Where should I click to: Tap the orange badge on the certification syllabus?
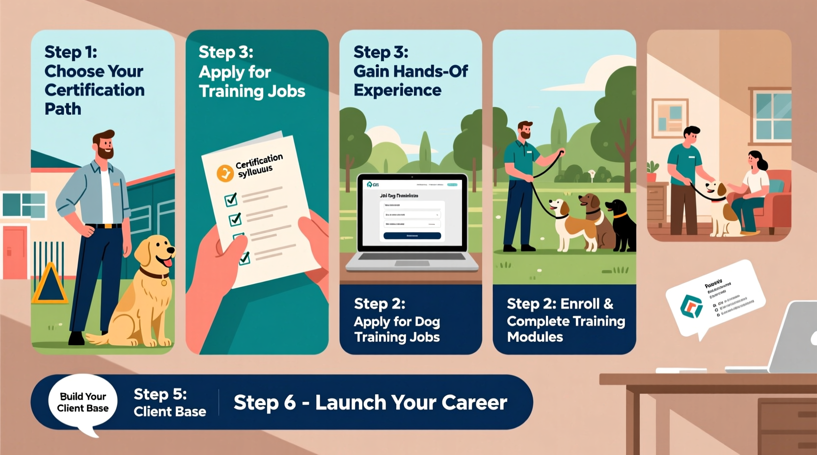(x=225, y=173)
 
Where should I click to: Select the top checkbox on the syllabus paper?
(x=231, y=199)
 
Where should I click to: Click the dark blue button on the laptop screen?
(x=412, y=236)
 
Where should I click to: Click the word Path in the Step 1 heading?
(x=63, y=109)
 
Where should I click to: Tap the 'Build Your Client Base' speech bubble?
(x=82, y=403)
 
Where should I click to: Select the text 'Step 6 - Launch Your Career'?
(x=370, y=403)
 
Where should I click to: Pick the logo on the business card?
(x=691, y=306)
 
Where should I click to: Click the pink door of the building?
(x=15, y=252)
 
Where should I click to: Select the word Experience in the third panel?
(x=397, y=90)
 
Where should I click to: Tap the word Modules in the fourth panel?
(x=535, y=337)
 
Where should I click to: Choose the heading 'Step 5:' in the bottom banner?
(x=160, y=394)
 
